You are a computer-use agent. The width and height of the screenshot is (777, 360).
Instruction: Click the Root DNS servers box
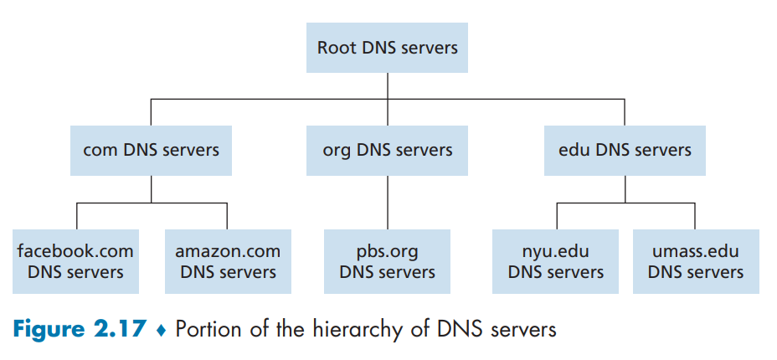388,47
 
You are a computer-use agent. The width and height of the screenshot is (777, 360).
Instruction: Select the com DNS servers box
152,151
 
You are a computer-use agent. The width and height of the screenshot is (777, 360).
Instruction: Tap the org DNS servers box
388,151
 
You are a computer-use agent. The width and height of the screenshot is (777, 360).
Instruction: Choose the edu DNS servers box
625,151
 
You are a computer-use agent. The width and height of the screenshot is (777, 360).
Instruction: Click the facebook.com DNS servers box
75,261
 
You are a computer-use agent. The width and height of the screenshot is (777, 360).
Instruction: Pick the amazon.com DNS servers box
228,261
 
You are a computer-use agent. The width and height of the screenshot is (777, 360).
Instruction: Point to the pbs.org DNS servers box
388,261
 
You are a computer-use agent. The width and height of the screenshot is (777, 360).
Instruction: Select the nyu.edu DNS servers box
556,261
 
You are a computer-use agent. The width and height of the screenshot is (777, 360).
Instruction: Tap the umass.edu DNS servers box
696,261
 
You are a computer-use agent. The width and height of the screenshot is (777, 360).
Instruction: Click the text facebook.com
75,251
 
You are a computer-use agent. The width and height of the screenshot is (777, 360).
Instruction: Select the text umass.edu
696,251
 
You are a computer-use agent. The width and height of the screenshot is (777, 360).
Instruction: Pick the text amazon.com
228,251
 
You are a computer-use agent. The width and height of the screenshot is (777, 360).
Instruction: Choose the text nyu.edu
556,251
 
